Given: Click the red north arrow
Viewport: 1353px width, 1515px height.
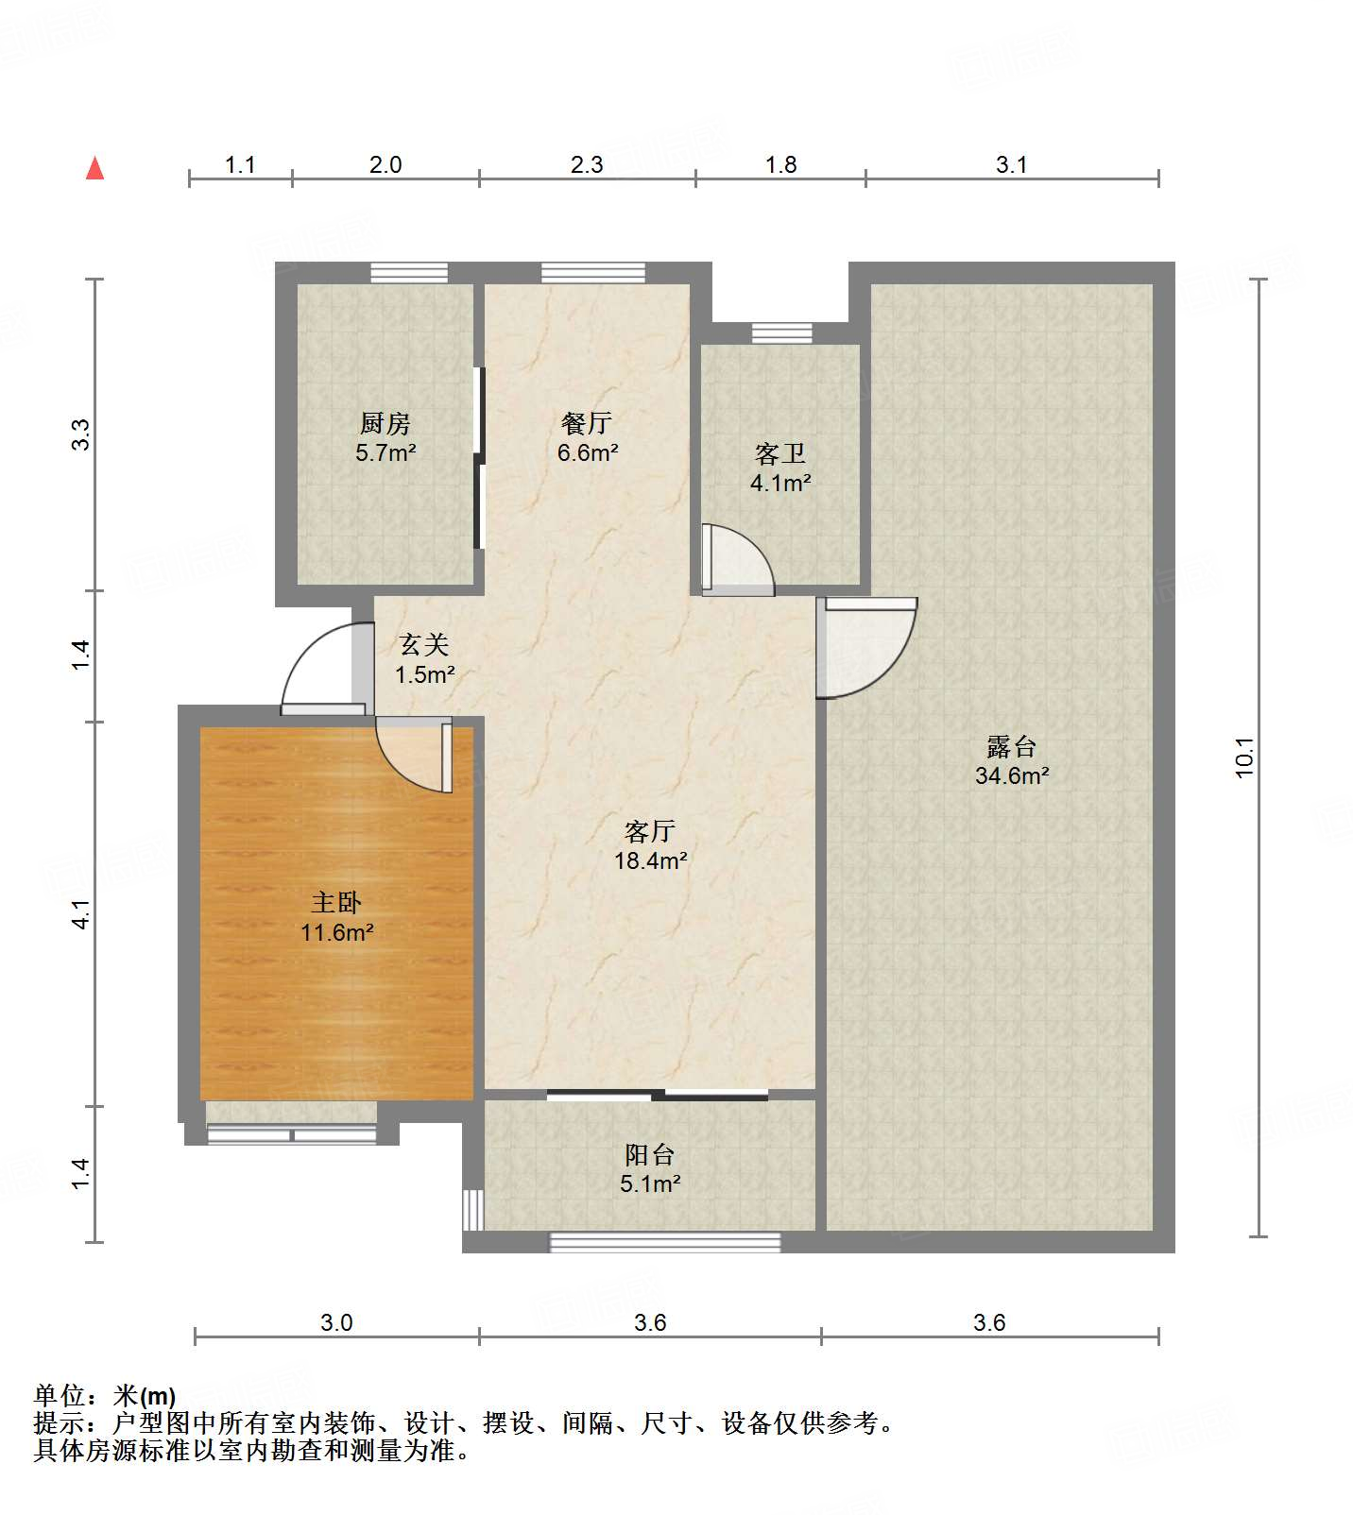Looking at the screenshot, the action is [94, 168].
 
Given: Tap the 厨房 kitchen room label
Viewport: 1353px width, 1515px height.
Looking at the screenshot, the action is [385, 423].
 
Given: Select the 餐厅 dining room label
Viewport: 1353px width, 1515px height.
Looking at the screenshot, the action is [587, 423].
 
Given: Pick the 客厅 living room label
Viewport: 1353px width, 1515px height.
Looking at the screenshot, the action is [649, 831].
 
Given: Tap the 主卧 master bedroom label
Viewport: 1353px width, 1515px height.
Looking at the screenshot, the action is [336, 903].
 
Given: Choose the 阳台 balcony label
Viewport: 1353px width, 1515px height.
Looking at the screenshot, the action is [649, 1154].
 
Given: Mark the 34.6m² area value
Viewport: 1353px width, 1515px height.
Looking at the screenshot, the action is [1012, 775].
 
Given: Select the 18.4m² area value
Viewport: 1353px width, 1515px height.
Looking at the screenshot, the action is [650, 860].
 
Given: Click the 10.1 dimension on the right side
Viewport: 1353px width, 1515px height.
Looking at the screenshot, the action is [1244, 757].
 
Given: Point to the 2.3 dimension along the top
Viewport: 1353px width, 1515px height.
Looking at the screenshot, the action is [587, 165].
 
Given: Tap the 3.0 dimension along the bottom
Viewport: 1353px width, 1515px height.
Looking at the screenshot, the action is [336, 1322].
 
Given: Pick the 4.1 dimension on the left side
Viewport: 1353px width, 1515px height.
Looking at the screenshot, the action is [81, 914].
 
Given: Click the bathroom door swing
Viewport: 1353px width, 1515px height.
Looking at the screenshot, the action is [738, 559].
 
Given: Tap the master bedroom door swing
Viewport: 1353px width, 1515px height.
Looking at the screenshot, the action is [414, 754].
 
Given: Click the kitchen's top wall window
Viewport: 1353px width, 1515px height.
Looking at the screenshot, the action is [409, 273].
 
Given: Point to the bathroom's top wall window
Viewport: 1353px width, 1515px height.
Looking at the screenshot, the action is [781, 332].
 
